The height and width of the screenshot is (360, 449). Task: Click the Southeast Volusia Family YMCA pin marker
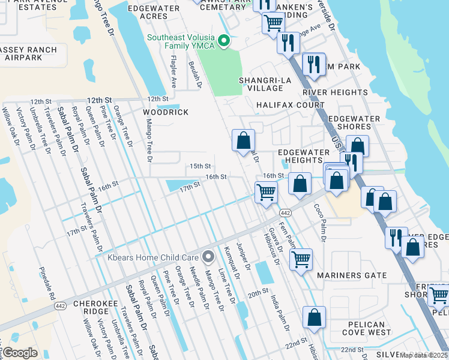224,41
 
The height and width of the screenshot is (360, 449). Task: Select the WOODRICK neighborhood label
165,112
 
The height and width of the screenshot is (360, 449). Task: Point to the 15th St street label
200,166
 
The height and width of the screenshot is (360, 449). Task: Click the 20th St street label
258,295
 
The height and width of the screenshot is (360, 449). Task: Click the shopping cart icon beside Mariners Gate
301,259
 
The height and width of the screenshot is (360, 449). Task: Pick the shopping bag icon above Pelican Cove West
315,317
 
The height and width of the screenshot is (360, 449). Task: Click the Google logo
20,353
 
